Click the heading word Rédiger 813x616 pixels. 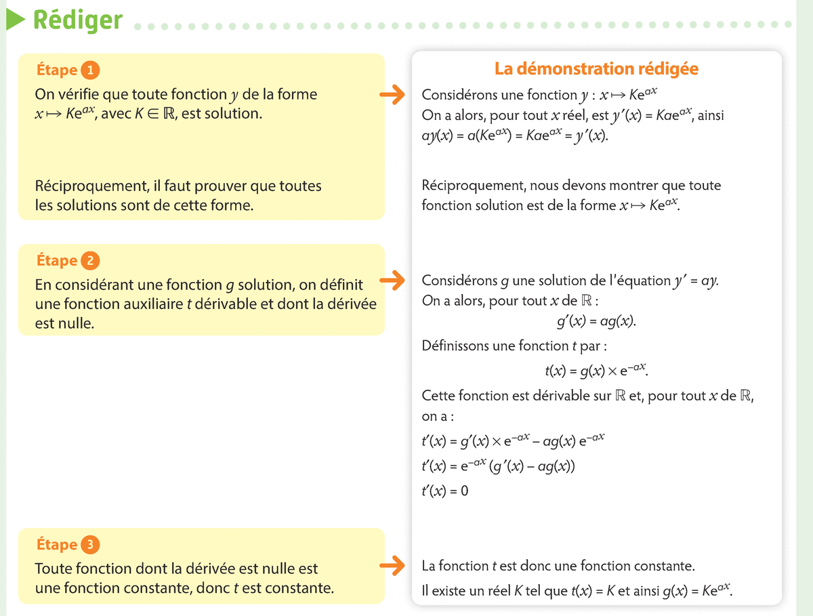(x=77, y=20)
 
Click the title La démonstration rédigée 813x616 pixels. (x=596, y=68)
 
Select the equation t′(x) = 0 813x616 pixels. (x=444, y=490)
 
